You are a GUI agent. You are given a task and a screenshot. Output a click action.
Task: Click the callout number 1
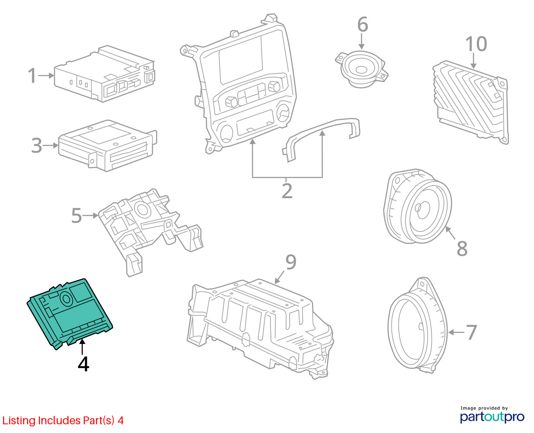32,75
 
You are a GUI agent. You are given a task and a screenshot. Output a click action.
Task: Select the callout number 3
37,145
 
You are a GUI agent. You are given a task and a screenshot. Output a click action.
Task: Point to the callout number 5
76,215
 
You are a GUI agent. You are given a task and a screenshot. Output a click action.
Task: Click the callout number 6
363,24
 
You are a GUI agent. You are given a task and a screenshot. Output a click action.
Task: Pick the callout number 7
471,333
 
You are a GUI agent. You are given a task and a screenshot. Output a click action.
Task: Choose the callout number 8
462,248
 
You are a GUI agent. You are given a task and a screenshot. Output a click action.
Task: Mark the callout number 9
291,262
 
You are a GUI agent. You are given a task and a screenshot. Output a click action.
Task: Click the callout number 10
476,44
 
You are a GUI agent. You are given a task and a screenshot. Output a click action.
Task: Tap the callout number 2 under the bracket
287,191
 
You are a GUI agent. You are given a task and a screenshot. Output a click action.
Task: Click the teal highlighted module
70,313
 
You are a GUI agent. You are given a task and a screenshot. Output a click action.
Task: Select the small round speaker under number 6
362,69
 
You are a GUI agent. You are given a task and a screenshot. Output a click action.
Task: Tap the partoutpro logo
492,417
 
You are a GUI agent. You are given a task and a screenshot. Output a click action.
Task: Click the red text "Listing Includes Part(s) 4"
63,420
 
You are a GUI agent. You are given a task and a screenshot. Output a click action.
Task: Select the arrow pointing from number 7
456,333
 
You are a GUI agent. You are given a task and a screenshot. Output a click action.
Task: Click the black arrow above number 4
82,347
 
